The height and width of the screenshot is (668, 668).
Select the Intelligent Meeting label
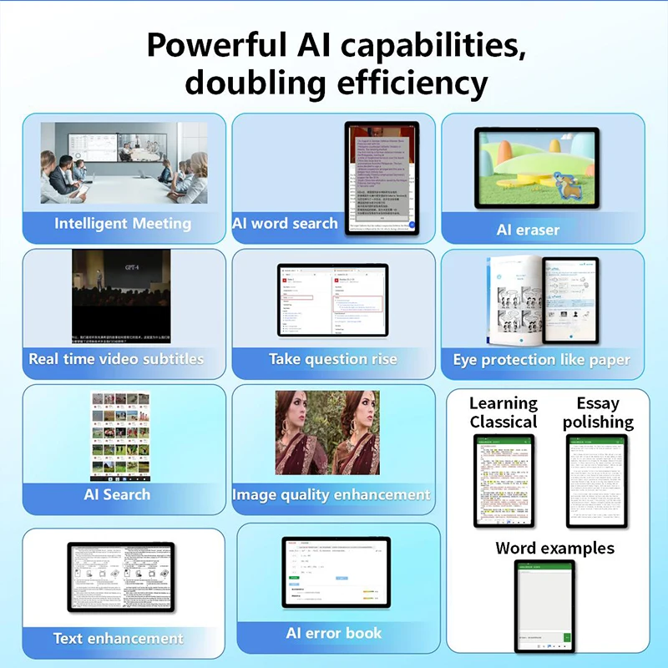click(123, 224)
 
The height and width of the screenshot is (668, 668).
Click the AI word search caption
click(286, 224)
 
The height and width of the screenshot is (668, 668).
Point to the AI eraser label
click(528, 230)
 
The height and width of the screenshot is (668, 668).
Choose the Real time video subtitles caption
click(116, 359)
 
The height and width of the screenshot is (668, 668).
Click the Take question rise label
click(333, 359)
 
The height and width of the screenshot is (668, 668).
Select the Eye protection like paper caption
click(541, 361)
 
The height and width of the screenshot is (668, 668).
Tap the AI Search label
click(117, 494)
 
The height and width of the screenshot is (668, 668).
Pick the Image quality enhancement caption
click(331, 495)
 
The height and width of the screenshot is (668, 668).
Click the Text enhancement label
click(119, 639)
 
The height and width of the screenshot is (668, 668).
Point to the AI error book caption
click(334, 633)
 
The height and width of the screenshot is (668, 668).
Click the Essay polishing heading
click(598, 412)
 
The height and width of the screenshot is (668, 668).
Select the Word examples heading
click(554, 549)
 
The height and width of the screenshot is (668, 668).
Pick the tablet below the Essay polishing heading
click(596, 481)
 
